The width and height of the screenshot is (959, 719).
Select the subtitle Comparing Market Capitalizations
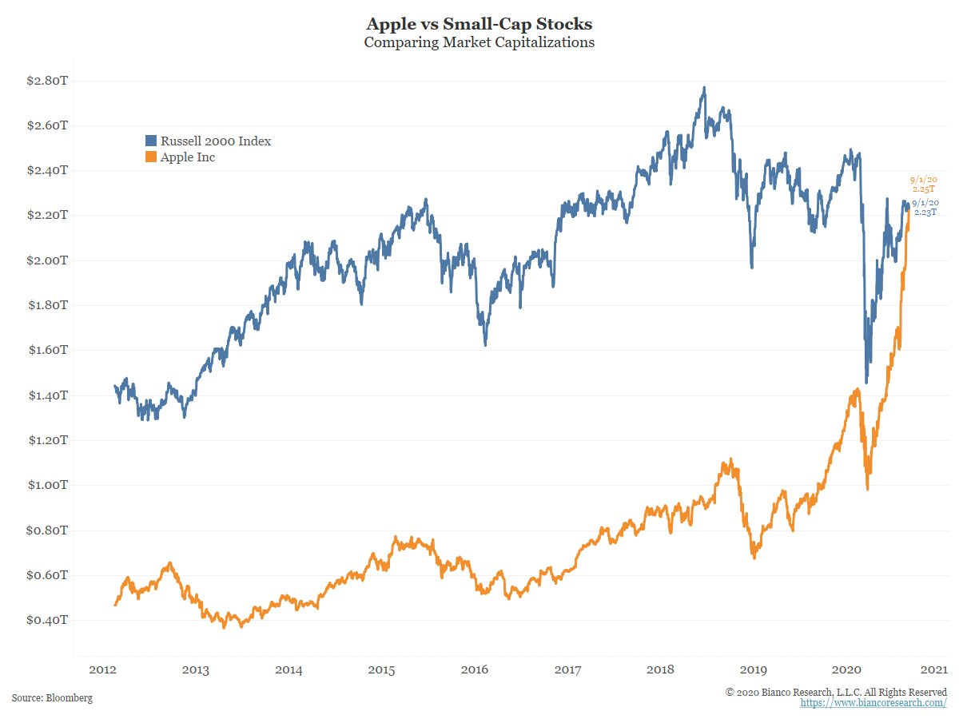pos(479,42)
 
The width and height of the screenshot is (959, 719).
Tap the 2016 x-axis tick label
pos(475,669)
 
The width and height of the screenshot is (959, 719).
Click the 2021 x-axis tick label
pos(933,669)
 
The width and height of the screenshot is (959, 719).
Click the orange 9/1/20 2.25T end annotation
pos(923,185)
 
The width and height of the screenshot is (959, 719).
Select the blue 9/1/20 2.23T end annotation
pos(925,208)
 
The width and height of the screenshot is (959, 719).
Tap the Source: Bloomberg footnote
pos(52,698)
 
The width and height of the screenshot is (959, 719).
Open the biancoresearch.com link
pos(873,703)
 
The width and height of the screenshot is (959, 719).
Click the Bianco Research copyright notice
pos(836,691)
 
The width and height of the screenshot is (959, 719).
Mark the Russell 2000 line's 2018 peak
pos(703,87)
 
